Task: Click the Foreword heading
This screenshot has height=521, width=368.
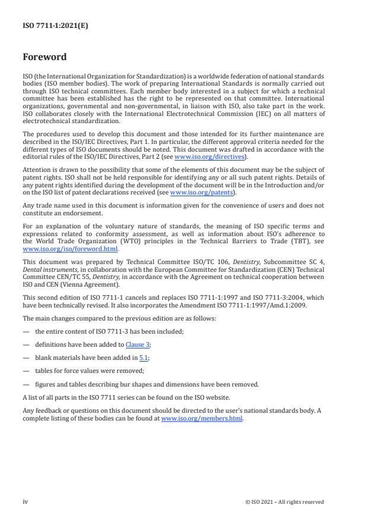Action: (x=45, y=58)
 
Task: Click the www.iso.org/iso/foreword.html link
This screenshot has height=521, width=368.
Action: (x=71, y=250)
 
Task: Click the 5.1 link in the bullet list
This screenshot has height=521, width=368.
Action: (x=143, y=357)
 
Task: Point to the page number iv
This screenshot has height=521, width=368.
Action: (x=26, y=501)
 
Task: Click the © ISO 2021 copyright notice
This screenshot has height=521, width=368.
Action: (x=284, y=502)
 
